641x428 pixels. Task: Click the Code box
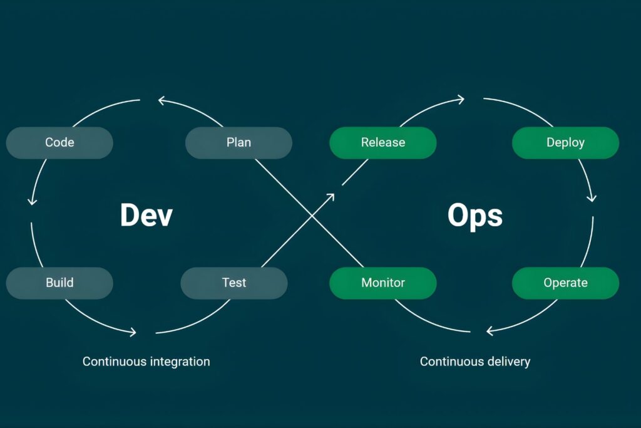(59, 143)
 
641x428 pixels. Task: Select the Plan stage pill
(238, 143)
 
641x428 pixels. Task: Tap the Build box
(59, 283)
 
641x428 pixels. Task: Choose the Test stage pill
(234, 283)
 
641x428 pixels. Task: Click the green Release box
(382, 143)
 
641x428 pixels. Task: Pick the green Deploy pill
(565, 143)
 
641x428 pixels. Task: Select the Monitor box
(382, 283)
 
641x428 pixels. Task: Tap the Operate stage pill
(565, 283)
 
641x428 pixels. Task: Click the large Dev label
(146, 215)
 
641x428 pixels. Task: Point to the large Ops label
(475, 215)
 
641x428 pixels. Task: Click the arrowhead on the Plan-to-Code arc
(162, 100)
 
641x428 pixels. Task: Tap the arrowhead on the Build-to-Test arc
(132, 332)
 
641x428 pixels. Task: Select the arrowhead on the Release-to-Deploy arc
(461, 98)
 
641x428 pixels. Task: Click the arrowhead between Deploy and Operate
(592, 199)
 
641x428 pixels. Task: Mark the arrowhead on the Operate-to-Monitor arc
(490, 330)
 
